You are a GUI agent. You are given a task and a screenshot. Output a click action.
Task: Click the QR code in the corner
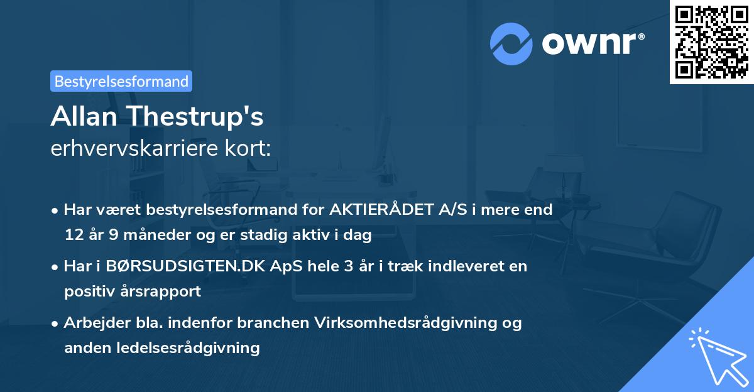coord(711,41)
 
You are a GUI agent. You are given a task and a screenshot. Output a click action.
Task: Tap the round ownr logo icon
coord(511,43)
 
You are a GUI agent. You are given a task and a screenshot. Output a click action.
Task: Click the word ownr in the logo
coord(591,43)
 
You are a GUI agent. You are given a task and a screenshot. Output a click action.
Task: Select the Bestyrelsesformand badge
coord(121,81)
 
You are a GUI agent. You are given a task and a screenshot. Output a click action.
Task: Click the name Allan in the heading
coord(86,116)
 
